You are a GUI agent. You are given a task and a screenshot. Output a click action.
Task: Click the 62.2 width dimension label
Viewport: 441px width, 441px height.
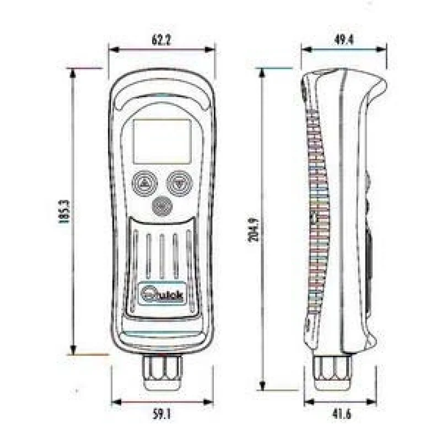(x=162, y=40)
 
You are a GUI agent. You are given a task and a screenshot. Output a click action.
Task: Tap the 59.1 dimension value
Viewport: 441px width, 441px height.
(x=162, y=414)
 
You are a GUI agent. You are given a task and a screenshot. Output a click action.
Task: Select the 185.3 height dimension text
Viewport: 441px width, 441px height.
(x=64, y=212)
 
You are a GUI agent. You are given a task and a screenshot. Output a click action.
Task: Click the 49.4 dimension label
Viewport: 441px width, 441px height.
(x=343, y=40)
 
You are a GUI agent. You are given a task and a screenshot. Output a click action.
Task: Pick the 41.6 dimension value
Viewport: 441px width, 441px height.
(x=342, y=414)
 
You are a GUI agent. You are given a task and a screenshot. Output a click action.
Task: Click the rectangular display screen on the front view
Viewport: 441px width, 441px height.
(x=162, y=141)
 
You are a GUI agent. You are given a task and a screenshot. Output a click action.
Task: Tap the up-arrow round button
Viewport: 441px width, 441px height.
(x=145, y=183)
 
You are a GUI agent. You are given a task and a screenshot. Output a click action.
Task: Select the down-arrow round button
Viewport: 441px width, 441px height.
(x=180, y=183)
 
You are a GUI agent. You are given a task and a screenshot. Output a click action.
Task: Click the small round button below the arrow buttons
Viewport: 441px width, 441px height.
(x=162, y=206)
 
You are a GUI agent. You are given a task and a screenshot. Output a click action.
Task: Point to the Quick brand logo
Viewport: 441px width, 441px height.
(x=162, y=294)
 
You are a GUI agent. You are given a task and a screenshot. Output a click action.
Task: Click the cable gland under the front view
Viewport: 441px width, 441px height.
(x=162, y=372)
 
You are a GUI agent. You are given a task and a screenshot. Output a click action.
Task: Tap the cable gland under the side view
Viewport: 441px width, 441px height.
(x=332, y=373)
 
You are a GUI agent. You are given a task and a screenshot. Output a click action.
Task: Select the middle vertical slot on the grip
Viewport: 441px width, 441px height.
(x=162, y=256)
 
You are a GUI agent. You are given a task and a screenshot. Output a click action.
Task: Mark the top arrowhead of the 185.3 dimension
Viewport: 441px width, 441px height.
(x=73, y=74)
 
